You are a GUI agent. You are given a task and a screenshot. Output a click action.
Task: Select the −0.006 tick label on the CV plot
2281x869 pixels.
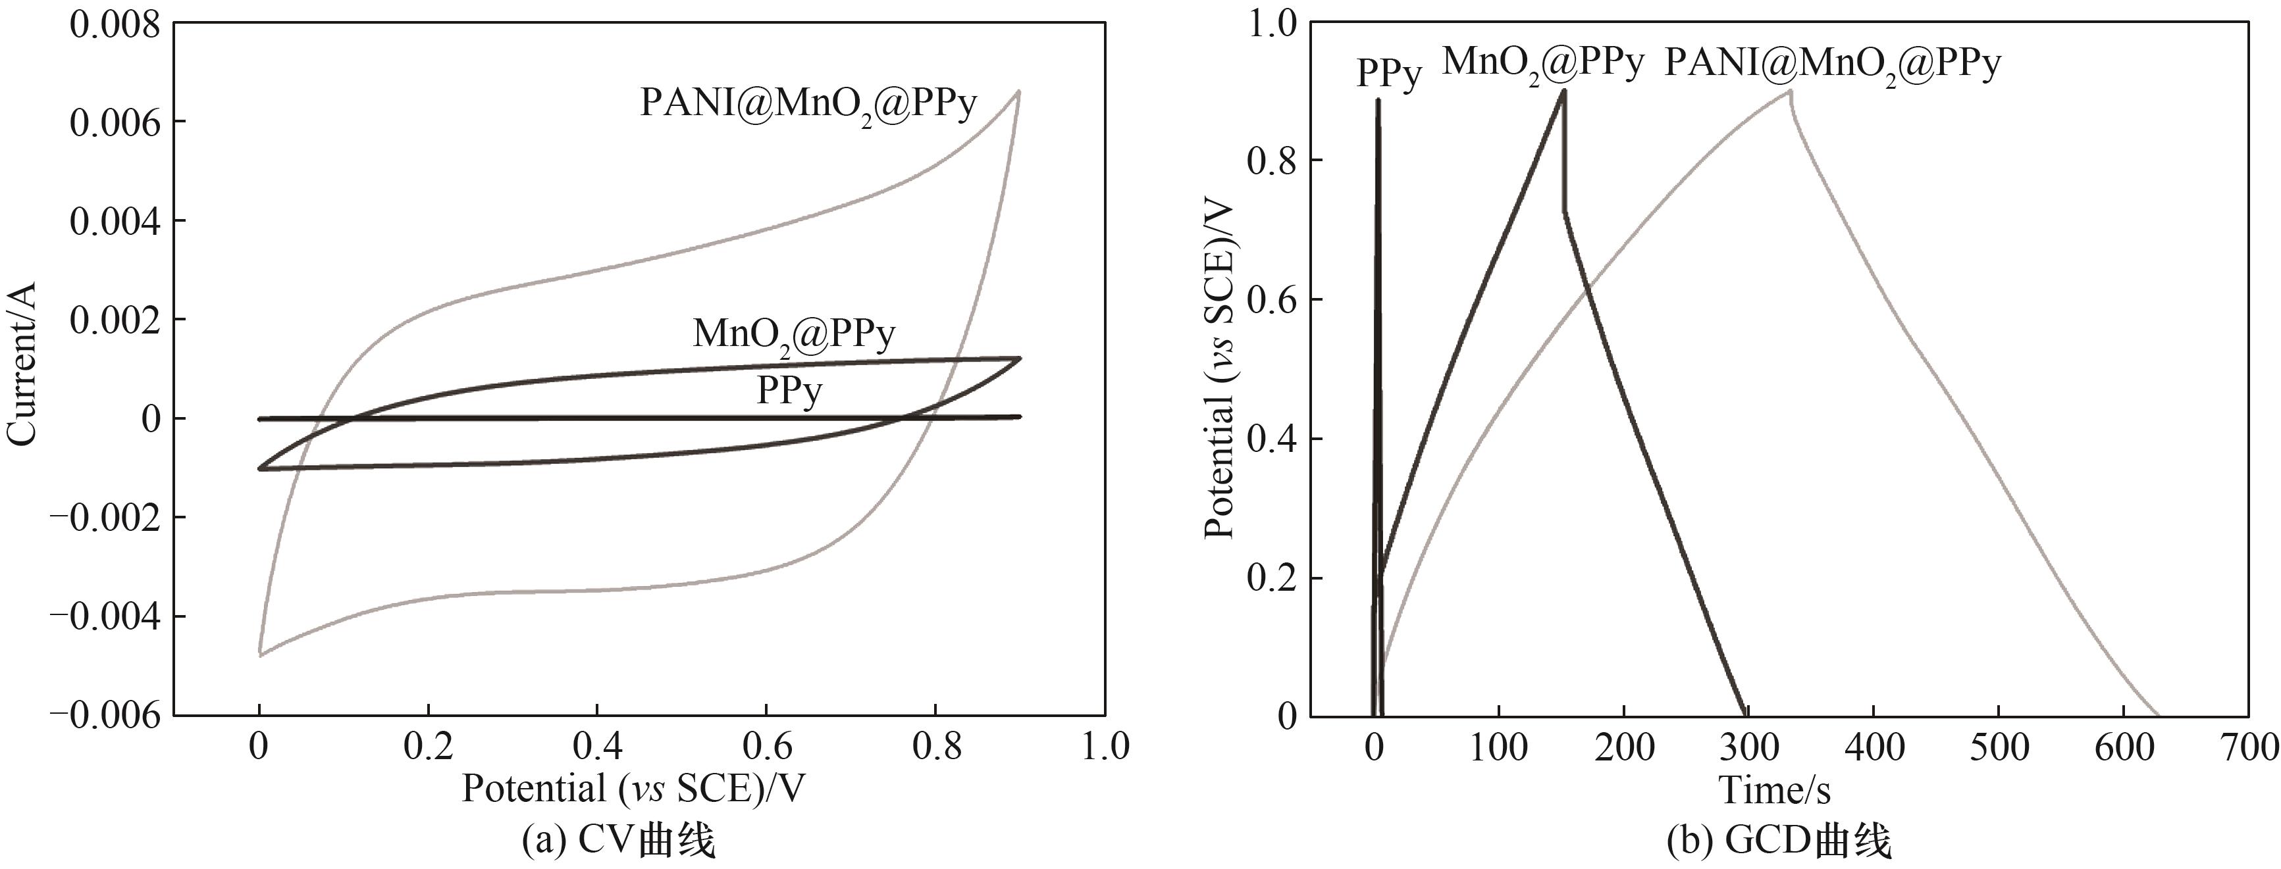105,714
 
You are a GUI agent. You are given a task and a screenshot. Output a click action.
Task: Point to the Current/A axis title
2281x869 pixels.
22,364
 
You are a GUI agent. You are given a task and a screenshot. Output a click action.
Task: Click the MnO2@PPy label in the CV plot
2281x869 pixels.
793,334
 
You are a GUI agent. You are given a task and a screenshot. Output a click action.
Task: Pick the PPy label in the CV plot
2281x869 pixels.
788,390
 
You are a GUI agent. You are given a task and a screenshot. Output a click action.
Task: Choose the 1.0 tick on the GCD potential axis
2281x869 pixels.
1272,24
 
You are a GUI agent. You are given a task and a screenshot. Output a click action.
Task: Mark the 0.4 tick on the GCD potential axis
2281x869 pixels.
1272,439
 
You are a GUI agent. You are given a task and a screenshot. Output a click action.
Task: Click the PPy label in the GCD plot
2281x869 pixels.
1388,74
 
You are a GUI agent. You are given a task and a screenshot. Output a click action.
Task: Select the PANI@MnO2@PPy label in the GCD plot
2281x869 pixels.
1833,64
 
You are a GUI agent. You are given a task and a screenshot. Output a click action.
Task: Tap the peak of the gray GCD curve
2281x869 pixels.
1791,90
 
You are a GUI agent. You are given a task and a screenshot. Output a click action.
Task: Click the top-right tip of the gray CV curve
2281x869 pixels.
1019,91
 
